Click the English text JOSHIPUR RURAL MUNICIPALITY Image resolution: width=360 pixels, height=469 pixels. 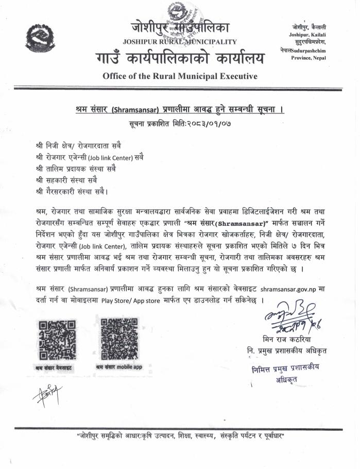click(180, 42)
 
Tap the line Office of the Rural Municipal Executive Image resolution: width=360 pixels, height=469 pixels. click(180, 76)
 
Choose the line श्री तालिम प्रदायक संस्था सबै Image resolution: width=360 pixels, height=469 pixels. click(80, 169)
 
